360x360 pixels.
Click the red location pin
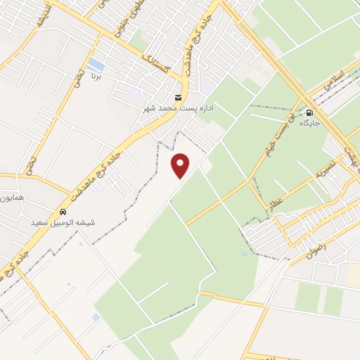[x=181, y=165]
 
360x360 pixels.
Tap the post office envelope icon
[x=178, y=97]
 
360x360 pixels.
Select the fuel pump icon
[x=309, y=112]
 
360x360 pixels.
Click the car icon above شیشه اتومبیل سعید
[x=63, y=212]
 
